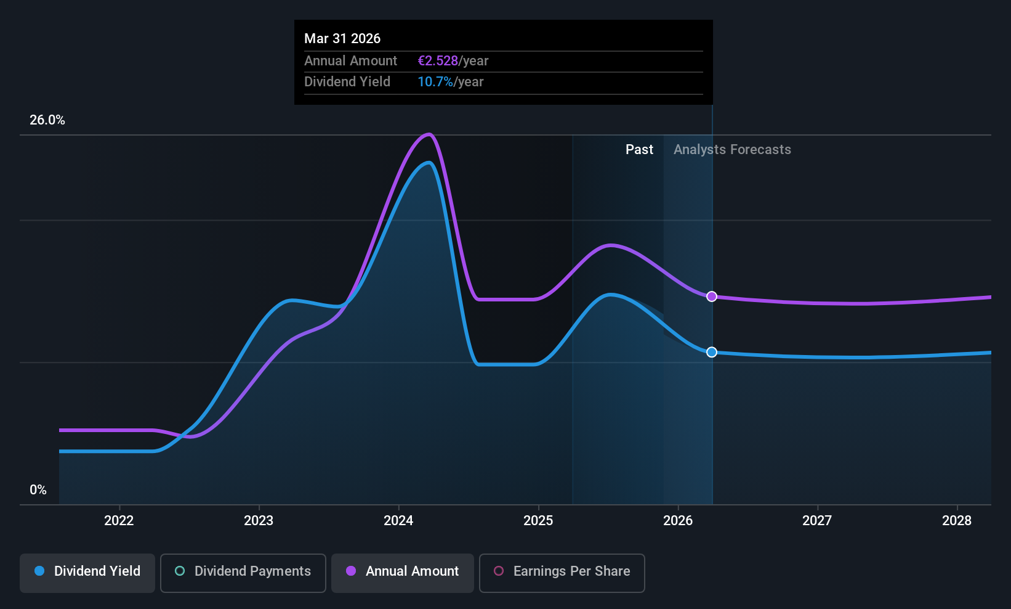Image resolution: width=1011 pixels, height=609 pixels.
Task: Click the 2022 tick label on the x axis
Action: [119, 520]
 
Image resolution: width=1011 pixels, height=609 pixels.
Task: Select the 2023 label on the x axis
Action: [259, 520]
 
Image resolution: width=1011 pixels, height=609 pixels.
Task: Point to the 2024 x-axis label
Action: [398, 520]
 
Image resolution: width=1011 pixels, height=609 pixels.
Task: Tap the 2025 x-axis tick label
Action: [538, 520]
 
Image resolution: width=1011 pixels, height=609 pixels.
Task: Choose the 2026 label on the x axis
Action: [678, 520]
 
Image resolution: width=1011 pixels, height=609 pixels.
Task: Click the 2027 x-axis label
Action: [817, 520]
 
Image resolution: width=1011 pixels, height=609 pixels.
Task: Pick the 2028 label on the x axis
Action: [957, 520]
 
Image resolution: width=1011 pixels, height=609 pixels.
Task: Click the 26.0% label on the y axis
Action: [47, 120]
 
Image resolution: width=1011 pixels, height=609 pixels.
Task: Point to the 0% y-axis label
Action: [38, 490]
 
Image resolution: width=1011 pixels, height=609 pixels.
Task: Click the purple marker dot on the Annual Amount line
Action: [712, 296]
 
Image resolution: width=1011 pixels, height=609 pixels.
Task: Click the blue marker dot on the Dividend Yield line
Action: [712, 352]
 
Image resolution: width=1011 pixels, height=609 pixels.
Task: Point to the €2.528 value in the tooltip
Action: [438, 61]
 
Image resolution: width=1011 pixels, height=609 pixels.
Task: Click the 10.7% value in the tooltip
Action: [435, 82]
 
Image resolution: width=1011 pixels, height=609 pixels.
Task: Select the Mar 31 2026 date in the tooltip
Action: [342, 39]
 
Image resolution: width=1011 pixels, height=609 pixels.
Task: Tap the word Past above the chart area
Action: [639, 150]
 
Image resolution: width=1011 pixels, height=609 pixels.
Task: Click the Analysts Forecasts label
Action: [732, 150]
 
